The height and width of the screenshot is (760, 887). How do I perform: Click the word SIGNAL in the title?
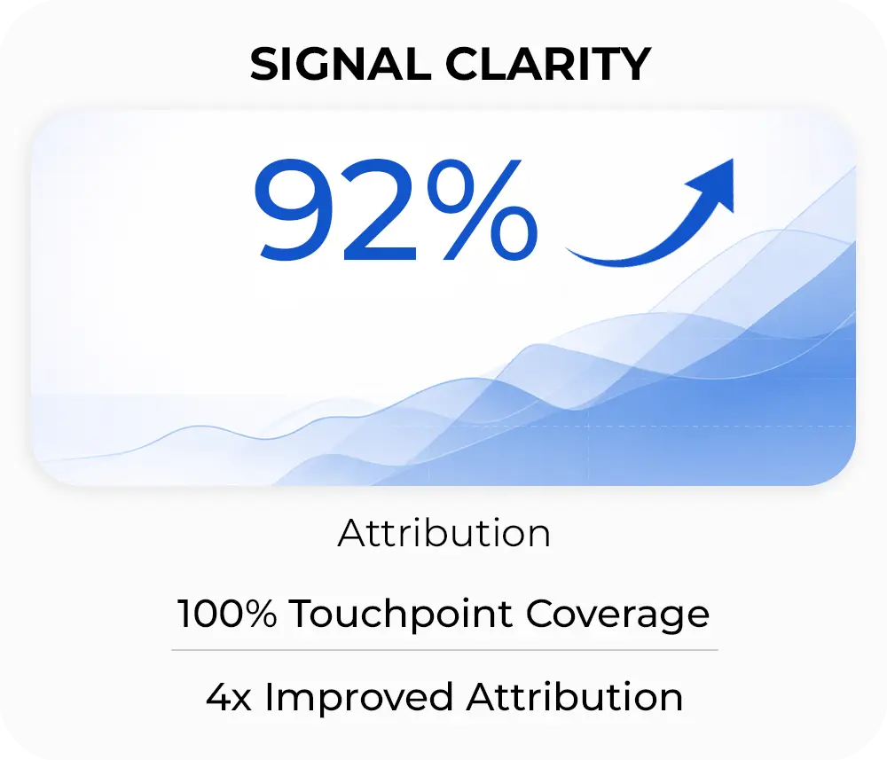pyautogui.click(x=340, y=64)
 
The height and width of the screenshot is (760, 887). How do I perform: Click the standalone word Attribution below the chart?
pyautogui.click(x=444, y=533)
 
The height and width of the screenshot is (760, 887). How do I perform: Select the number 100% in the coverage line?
pyautogui.click(x=227, y=614)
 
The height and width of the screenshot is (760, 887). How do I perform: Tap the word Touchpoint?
pyautogui.click(x=401, y=615)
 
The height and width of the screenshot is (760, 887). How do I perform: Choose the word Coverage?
pyautogui.click(x=617, y=615)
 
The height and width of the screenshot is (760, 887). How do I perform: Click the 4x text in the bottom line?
pyautogui.click(x=229, y=697)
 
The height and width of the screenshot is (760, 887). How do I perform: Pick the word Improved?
pyautogui.click(x=359, y=698)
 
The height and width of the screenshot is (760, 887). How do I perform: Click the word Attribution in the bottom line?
pyautogui.click(x=575, y=697)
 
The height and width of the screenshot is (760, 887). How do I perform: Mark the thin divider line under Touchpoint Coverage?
pyautogui.click(x=444, y=650)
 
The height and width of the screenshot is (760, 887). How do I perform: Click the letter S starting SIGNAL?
pyautogui.click(x=264, y=64)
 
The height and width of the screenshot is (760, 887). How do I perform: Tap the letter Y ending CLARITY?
pyautogui.click(x=634, y=64)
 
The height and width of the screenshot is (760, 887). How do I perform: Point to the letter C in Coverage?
pyautogui.click(x=541, y=614)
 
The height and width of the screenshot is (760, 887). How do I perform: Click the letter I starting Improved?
pyautogui.click(x=270, y=697)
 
